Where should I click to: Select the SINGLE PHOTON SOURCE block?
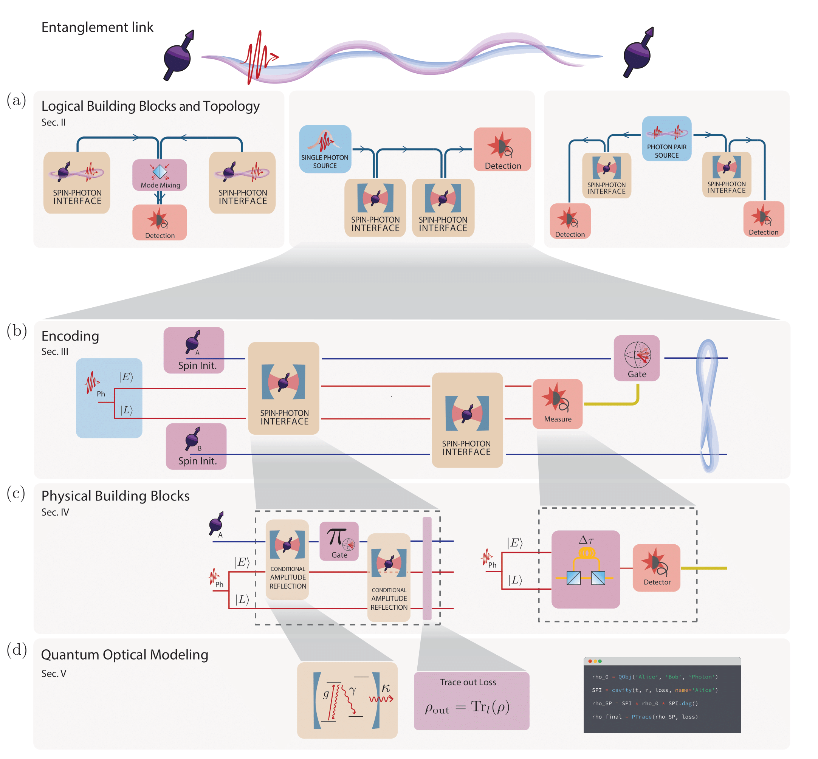point(325,149)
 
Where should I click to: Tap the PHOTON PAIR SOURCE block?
point(666,139)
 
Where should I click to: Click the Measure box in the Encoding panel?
point(557,404)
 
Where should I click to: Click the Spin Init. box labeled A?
point(194,350)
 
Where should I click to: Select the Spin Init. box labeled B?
point(196,446)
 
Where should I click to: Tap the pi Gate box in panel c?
point(339,541)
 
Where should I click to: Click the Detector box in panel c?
point(656,568)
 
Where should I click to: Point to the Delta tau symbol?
point(586,540)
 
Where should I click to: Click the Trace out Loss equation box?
point(471,701)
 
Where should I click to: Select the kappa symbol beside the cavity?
point(385,688)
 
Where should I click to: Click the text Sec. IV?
point(55,512)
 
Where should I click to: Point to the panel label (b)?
point(16,331)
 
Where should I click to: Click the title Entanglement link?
point(97,27)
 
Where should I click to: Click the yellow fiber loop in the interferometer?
point(586,553)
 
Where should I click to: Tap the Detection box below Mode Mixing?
point(160,223)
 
